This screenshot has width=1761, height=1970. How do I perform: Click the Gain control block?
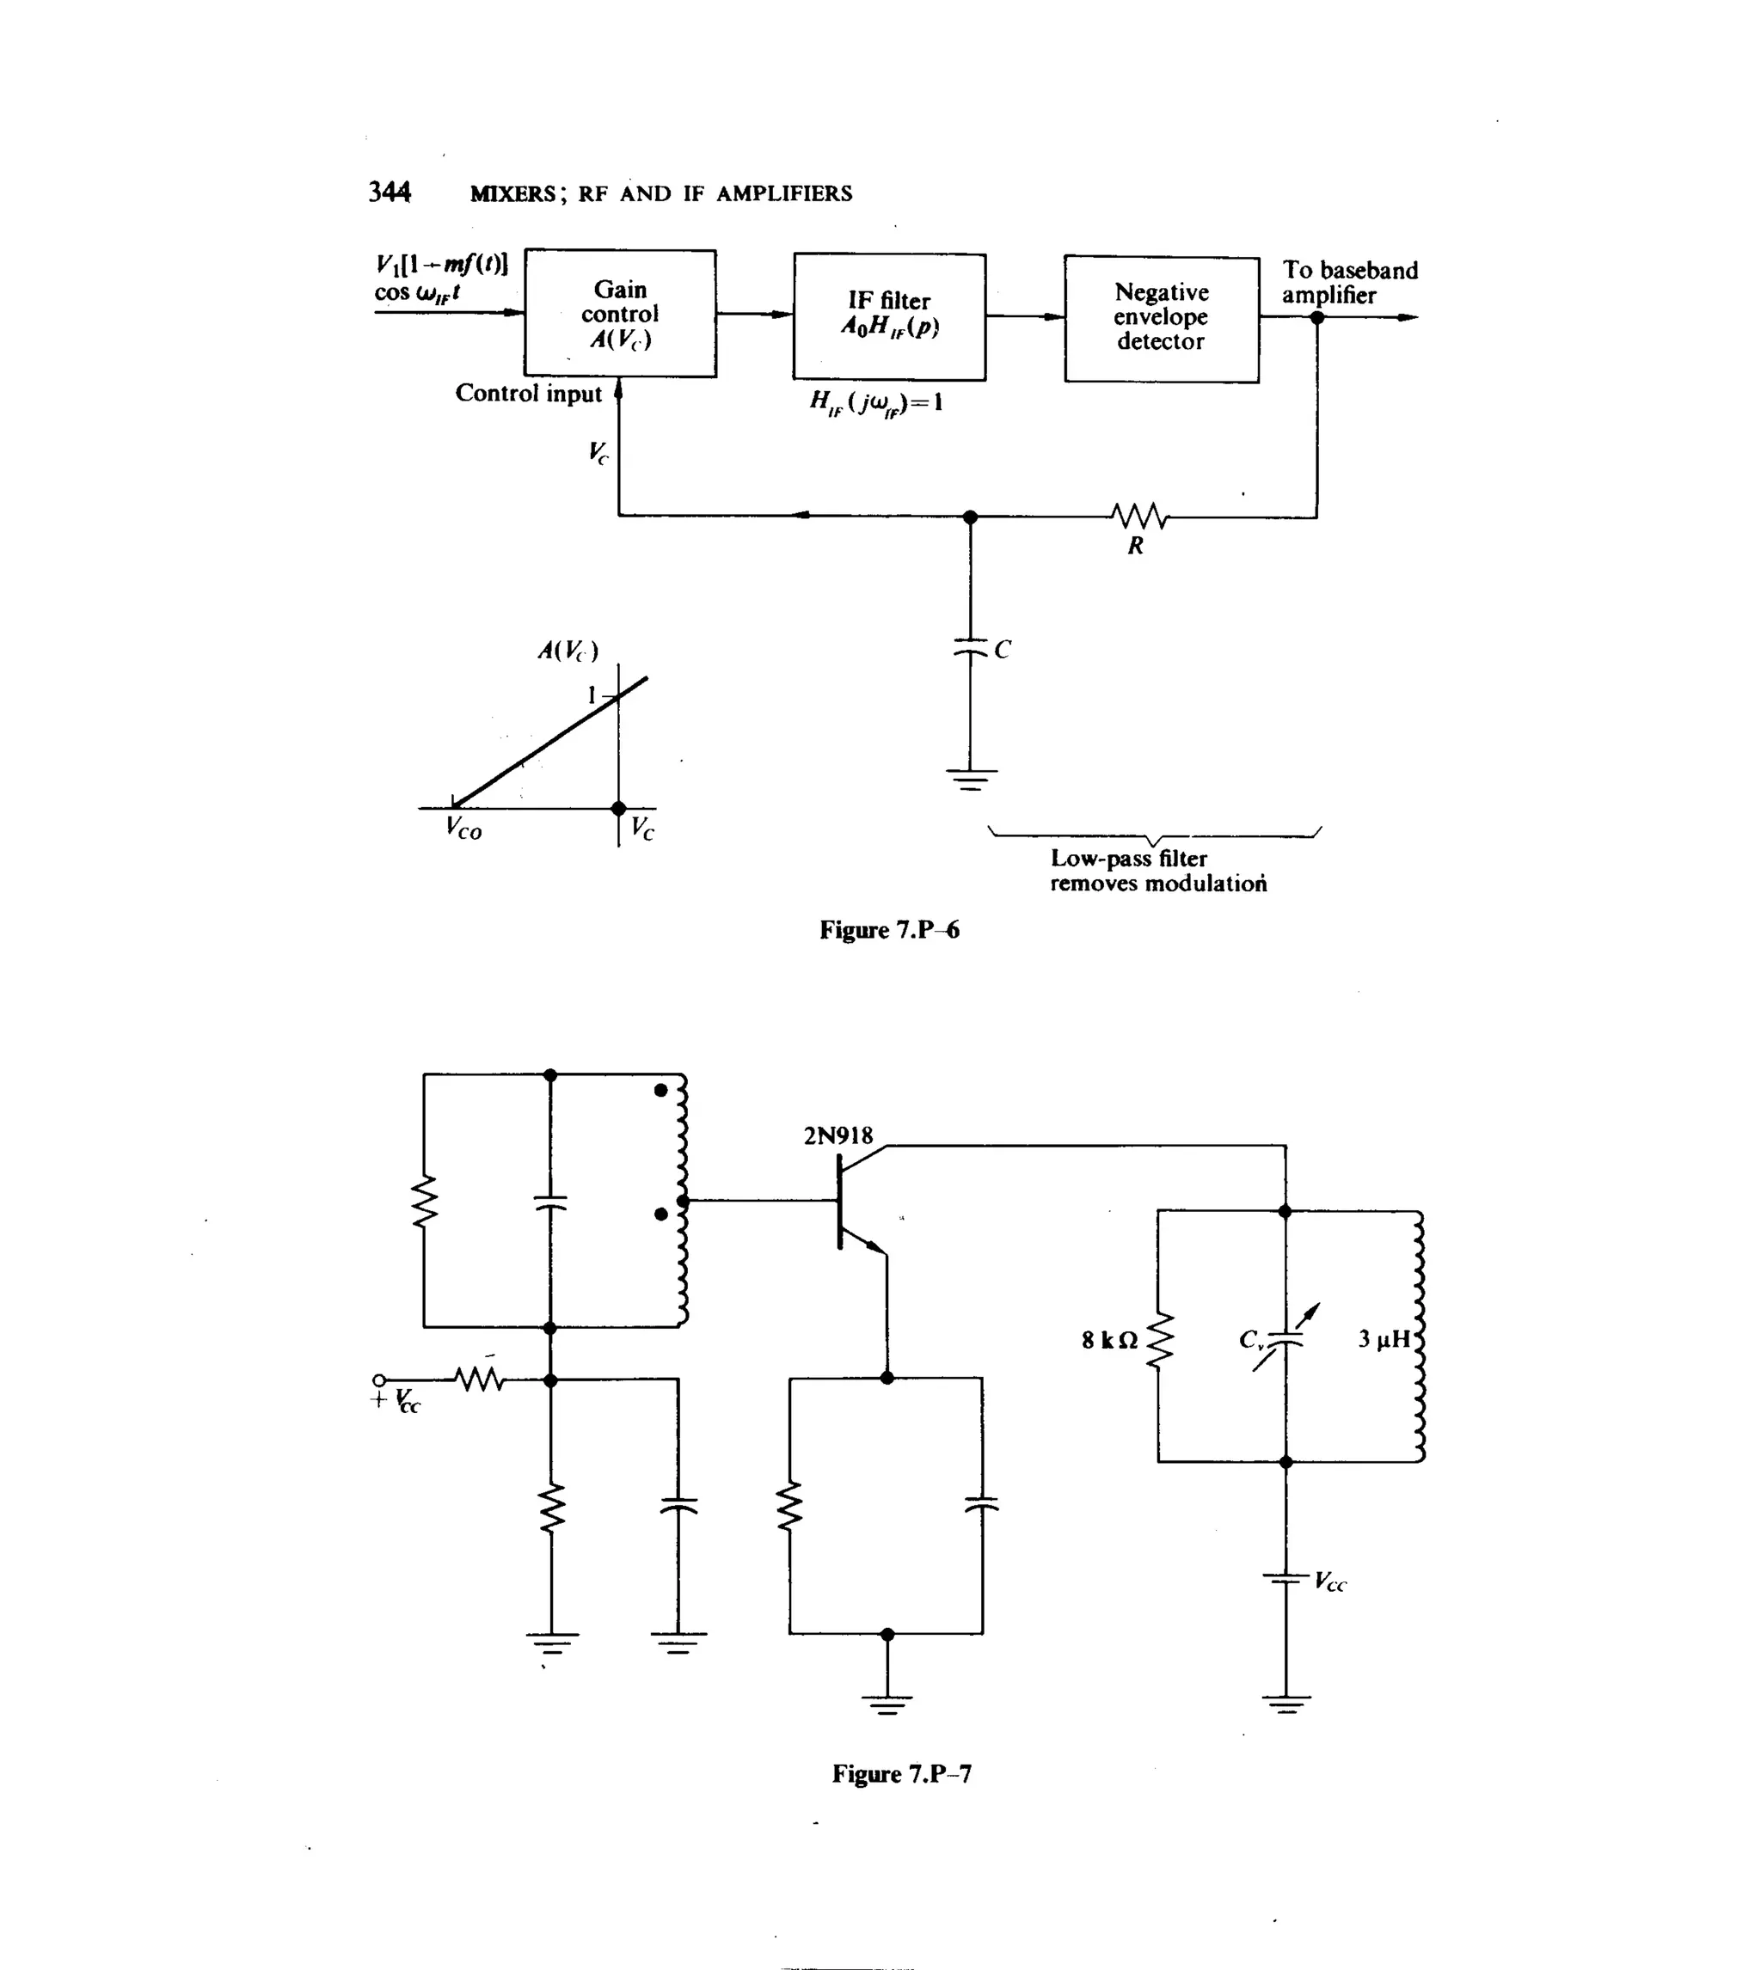click(619, 314)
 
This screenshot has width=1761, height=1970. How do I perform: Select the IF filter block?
click(888, 316)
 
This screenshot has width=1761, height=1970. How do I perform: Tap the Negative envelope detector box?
click(1160, 317)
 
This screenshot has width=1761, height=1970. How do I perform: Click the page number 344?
click(389, 193)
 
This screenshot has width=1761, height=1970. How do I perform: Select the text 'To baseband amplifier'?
click(1349, 283)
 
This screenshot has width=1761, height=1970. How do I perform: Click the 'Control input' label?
click(528, 394)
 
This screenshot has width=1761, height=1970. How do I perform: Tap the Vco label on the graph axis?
click(463, 829)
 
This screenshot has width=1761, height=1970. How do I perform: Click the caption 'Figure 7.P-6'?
click(888, 930)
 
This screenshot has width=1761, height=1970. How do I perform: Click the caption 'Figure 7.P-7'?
click(901, 1775)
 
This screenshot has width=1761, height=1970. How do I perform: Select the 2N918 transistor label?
click(837, 1135)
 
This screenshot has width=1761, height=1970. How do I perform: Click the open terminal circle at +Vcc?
click(379, 1380)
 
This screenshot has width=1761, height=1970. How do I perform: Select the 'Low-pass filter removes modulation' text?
click(1157, 871)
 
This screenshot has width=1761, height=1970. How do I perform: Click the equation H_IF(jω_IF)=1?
click(875, 402)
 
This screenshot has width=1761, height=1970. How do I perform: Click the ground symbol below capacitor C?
click(971, 779)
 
